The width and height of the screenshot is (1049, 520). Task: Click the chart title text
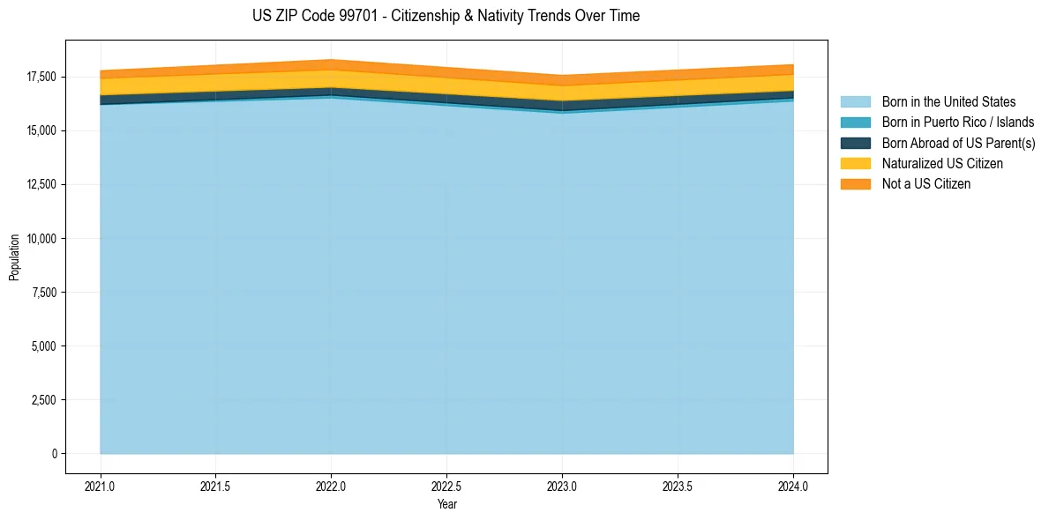point(446,16)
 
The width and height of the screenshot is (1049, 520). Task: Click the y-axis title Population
point(14,256)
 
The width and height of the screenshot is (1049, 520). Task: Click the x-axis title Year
point(446,504)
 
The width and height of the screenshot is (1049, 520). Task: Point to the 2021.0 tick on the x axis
point(101,486)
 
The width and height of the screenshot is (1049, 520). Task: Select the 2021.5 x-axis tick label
point(216,486)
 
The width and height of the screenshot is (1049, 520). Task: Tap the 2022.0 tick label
point(332,486)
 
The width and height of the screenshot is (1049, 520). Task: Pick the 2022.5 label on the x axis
point(447,486)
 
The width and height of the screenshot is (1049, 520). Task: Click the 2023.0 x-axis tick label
point(562,486)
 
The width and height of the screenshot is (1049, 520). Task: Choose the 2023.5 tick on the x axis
point(678,486)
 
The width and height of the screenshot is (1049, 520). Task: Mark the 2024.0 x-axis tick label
point(793,486)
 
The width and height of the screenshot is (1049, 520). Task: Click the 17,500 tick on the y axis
point(40,78)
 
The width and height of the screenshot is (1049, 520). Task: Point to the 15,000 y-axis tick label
point(40,131)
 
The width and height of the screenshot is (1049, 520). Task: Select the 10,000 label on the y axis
point(40,239)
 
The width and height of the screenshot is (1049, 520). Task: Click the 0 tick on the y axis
point(53,454)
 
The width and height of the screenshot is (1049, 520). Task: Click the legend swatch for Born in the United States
point(855,102)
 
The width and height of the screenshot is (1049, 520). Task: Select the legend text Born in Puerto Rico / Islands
point(958,123)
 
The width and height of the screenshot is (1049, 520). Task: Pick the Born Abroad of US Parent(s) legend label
point(958,143)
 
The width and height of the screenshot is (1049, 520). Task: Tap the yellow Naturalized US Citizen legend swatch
point(855,163)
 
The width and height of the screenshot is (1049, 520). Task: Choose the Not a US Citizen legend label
point(925,184)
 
